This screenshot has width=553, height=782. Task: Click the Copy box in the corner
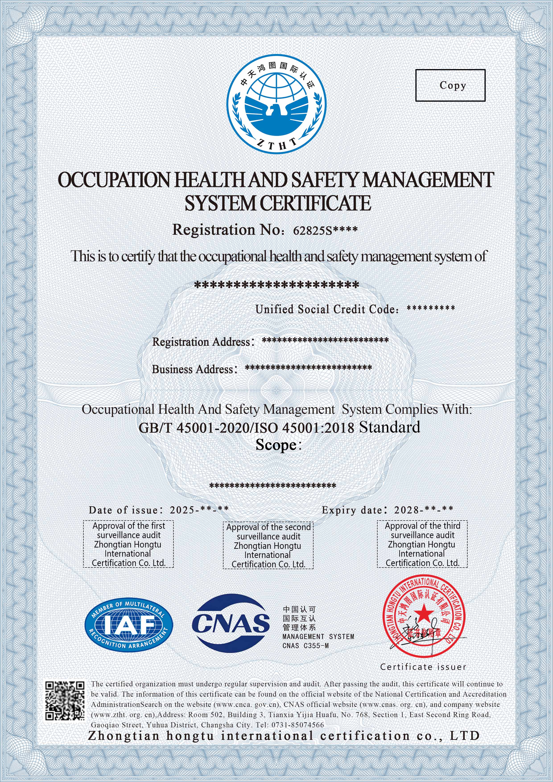coord(450,85)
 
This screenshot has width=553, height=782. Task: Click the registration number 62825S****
coord(325,230)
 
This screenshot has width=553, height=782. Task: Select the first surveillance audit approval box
coord(128,544)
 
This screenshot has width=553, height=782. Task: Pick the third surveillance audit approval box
coord(422,544)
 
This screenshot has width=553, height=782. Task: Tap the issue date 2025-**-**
coord(199,510)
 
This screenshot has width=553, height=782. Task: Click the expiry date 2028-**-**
coord(423,510)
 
